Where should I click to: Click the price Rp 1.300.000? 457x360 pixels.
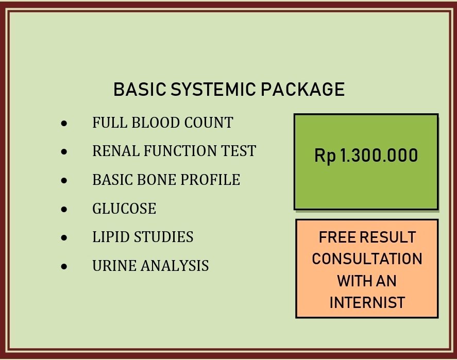click(x=366, y=156)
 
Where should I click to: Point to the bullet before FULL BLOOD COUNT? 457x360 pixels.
click(x=64, y=124)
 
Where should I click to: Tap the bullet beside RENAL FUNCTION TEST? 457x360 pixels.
click(x=64, y=152)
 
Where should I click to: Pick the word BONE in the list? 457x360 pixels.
click(x=156, y=180)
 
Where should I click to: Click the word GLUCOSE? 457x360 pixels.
click(x=124, y=209)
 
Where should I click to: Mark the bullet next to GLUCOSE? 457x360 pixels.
click(x=64, y=210)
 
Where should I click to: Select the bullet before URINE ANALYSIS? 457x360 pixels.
click(x=64, y=267)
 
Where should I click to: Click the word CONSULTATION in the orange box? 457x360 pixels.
click(x=367, y=259)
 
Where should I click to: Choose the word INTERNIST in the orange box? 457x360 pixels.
click(x=367, y=302)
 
